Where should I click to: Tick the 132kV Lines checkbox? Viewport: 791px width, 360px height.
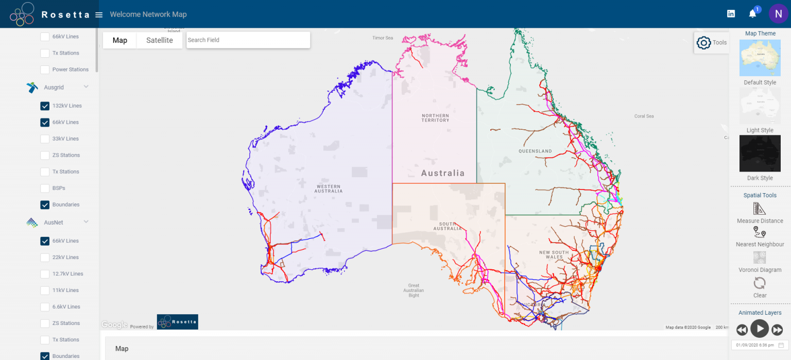[x=45, y=106]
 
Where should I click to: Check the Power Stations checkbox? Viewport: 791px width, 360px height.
[x=45, y=70]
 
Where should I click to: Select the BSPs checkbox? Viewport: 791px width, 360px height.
[x=45, y=188]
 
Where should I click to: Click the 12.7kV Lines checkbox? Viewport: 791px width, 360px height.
[x=45, y=274]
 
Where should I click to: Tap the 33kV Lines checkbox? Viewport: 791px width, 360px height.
[x=45, y=139]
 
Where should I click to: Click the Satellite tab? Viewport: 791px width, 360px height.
[x=159, y=40]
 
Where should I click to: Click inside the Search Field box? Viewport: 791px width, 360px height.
[x=248, y=40]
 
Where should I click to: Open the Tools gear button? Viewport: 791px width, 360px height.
[x=704, y=43]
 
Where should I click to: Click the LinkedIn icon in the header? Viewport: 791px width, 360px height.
[x=731, y=14]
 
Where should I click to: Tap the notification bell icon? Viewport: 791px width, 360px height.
[x=752, y=14]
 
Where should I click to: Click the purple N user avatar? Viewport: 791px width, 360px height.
[x=778, y=14]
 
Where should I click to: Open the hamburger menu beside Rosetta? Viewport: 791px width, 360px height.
[x=99, y=14]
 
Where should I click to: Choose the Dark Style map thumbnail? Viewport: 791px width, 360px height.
[x=760, y=153]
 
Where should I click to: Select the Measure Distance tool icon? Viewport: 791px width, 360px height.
[x=760, y=209]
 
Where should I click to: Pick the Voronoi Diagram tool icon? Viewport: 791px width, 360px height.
[x=760, y=258]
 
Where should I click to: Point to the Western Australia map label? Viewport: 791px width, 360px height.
[x=329, y=188]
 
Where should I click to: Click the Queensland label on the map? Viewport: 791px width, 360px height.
[x=535, y=151]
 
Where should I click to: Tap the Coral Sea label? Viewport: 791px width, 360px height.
[x=644, y=116]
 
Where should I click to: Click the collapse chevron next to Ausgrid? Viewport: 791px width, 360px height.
[x=86, y=87]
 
